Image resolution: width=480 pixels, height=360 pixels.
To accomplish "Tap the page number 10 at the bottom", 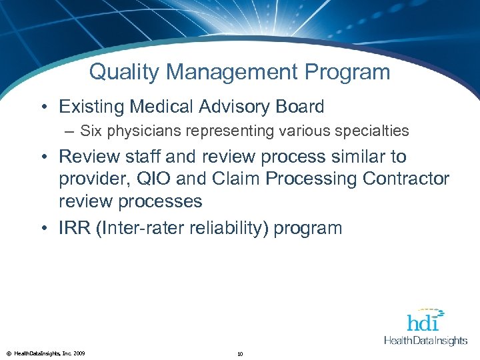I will [239, 354].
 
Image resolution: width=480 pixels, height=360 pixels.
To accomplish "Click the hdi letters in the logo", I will [423, 323].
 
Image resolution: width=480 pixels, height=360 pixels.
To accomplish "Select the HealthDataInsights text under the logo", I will [426, 341].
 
